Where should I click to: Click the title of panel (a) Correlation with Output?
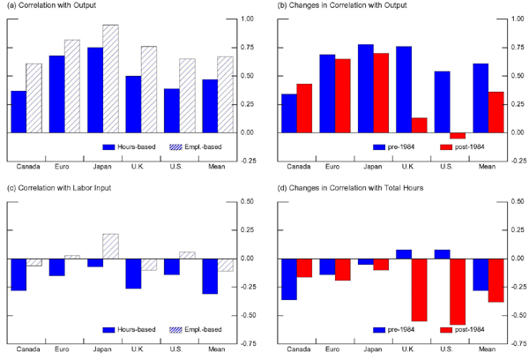(x=55, y=8)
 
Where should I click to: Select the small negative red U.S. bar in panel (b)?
(x=457, y=135)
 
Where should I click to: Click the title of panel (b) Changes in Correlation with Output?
(x=352, y=8)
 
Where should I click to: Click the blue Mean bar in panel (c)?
(x=208, y=276)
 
